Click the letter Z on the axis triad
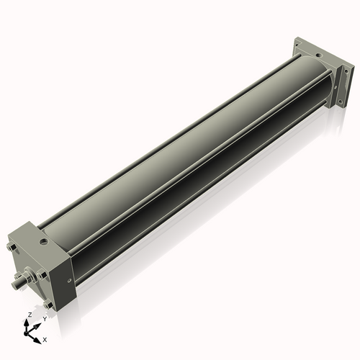29,315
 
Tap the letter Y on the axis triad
45,318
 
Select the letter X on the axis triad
45,338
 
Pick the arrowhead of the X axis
38,336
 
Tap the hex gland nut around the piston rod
31,276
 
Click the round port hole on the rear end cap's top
318,52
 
